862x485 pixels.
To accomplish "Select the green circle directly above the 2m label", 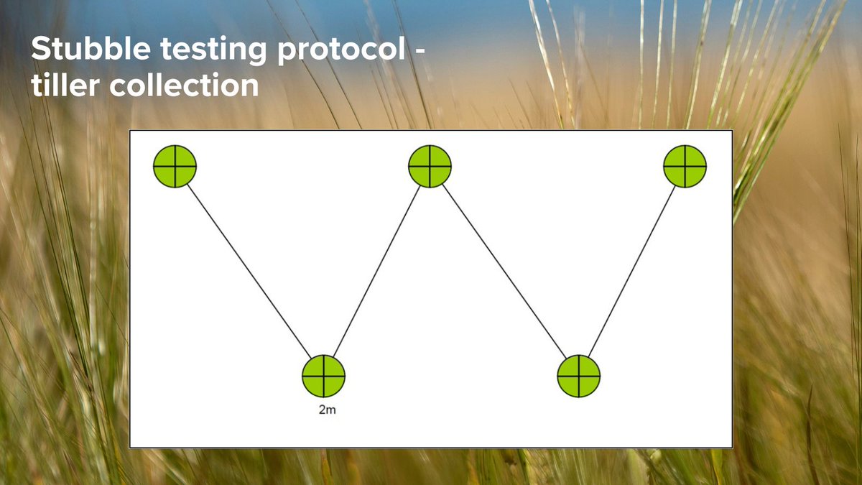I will pyautogui.click(x=323, y=376).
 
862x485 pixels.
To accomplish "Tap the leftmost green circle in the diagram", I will pyautogui.click(x=175, y=166).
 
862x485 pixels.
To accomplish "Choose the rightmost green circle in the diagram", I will pyautogui.click(x=685, y=166).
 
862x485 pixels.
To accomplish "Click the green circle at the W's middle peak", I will pyautogui.click(x=430, y=166).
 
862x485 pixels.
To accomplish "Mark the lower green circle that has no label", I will pyautogui.click(x=578, y=376).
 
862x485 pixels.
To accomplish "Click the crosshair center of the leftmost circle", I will pyautogui.click(x=175, y=166).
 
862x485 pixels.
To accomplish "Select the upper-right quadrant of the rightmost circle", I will pyautogui.click(x=694, y=157).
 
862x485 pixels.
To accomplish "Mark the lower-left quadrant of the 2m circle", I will pyautogui.click(x=314, y=385).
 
